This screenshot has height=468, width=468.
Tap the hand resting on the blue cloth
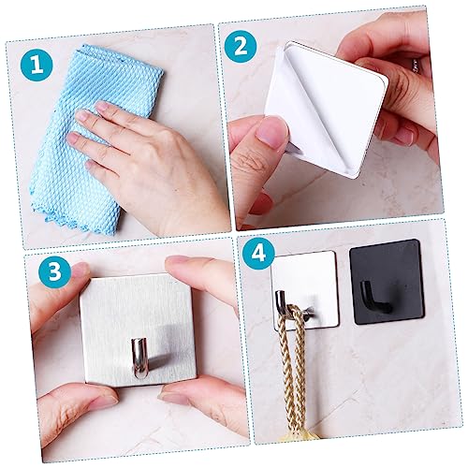pyautogui.click(x=159, y=159)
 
